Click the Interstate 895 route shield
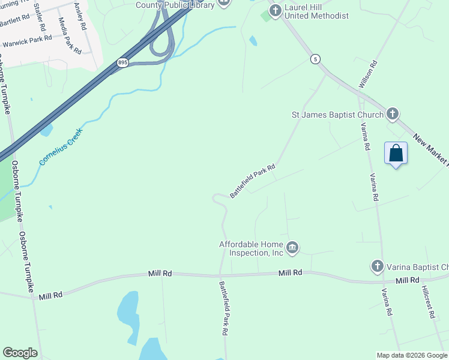[122, 62]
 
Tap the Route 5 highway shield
[315, 59]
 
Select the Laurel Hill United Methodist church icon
[276, 10]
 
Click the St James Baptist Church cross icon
[393, 113]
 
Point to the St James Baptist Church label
[337, 115]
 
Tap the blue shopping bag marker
[396, 153]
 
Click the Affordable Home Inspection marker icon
[292, 248]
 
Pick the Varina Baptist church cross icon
[377, 266]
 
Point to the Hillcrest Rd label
[427, 301]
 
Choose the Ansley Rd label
[79, 17]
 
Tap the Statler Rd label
[40, 17]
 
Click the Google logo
[20, 353]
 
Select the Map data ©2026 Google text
[411, 355]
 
